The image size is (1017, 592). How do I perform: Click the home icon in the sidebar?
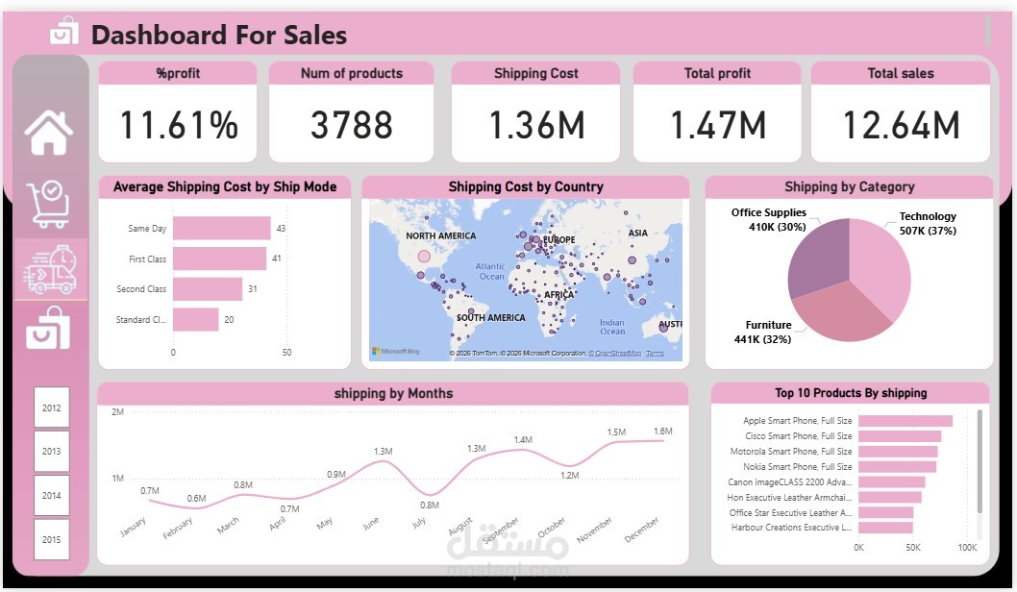[49, 133]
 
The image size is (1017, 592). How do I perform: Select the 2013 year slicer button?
[51, 451]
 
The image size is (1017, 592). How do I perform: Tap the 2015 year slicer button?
[51, 539]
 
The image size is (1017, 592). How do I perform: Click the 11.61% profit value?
[178, 125]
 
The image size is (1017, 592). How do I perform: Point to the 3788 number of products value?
[351, 125]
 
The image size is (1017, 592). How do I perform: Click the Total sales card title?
[900, 73]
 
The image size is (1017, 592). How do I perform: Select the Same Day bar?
[222, 228]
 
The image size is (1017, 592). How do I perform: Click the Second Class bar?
[208, 289]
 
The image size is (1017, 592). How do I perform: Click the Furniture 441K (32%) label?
[768, 332]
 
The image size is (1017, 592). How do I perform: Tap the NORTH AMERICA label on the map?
[440, 235]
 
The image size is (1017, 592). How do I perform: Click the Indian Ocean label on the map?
[612, 327]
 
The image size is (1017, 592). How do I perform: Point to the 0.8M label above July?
[429, 505]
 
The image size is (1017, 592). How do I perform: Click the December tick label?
[641, 530]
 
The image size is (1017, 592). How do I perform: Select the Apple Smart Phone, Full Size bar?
[905, 421]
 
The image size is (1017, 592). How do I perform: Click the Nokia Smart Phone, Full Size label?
[797, 467]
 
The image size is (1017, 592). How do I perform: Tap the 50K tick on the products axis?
[913, 548]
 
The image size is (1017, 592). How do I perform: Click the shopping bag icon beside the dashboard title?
[63, 32]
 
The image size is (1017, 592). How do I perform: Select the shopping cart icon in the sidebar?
[48, 204]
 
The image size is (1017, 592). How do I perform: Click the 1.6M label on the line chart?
[662, 432]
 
